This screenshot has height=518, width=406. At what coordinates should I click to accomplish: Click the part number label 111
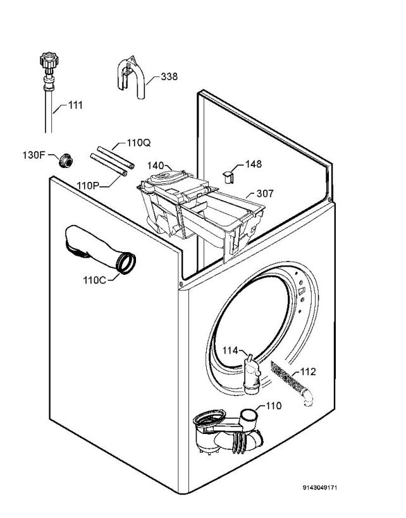(x=75, y=105)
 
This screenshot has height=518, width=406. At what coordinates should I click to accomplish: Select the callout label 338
(x=169, y=76)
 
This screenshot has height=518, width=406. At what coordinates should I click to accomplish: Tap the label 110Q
(x=138, y=143)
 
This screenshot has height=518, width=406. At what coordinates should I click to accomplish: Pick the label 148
(x=253, y=164)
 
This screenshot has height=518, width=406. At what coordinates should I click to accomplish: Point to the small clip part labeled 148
(x=228, y=174)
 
